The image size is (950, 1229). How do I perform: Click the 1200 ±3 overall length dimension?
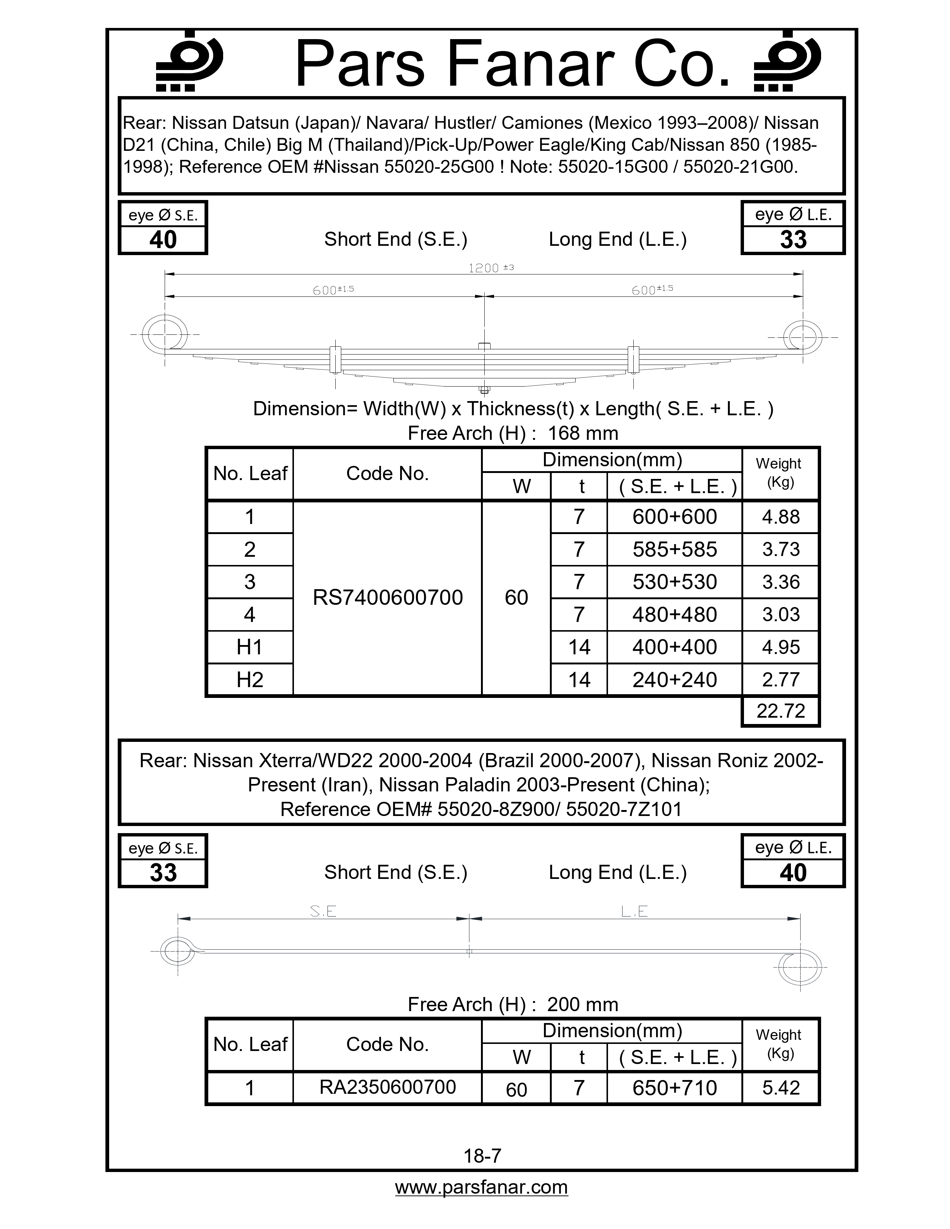pos(491,268)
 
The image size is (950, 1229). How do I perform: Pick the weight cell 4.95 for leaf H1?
pos(780,647)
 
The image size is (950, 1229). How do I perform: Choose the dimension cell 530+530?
pos(674,582)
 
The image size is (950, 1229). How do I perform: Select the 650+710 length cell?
pos(674,1088)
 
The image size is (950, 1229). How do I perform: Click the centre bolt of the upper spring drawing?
pos(484,366)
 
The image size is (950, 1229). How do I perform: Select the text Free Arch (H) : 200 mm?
pos(513,1004)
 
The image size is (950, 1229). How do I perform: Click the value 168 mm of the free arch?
pos(583,433)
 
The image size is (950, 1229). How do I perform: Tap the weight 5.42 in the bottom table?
pos(780,1088)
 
